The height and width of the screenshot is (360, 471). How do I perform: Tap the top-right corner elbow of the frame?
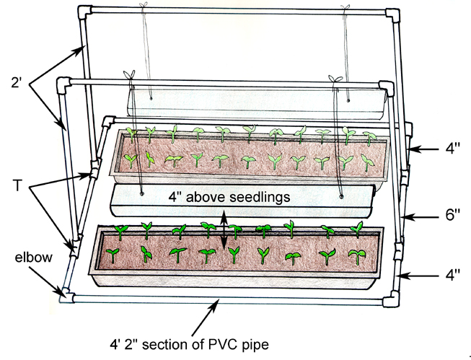tap(396, 15)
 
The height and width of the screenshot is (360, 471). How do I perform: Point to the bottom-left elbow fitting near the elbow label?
tap(66, 294)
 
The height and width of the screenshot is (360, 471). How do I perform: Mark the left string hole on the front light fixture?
tap(141, 193)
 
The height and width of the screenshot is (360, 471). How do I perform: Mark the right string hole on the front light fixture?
tap(340, 195)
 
